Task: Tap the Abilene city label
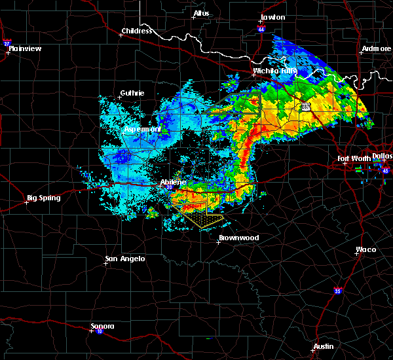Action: (173, 182)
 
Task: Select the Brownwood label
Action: (238, 238)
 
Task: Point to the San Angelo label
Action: (125, 259)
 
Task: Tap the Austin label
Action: (323, 346)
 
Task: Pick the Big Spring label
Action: (43, 198)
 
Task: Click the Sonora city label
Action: (102, 326)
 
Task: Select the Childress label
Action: (137, 31)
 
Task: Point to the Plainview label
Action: (26, 48)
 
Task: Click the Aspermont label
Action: (143, 130)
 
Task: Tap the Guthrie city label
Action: (132, 94)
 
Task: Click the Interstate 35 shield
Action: (337, 290)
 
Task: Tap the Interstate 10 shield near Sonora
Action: (91, 331)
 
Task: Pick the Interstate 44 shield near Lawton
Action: (260, 29)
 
